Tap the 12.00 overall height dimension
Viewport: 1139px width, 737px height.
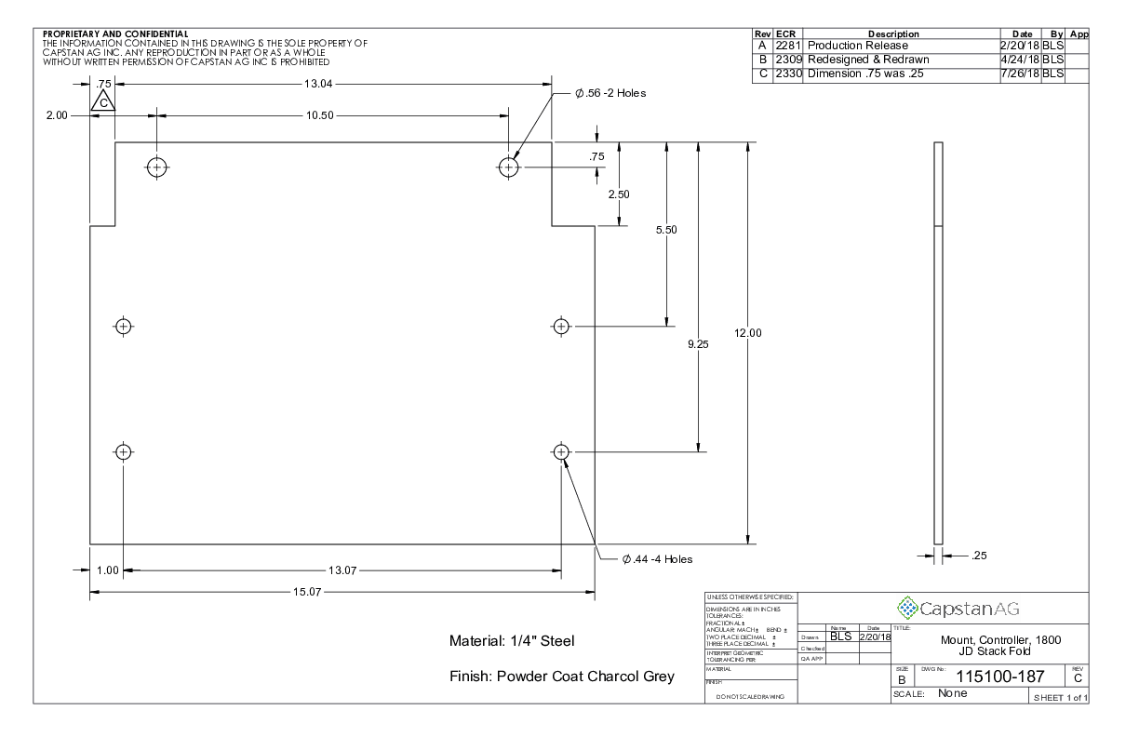748,333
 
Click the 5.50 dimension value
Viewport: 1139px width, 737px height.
666,229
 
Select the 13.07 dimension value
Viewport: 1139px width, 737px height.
342,569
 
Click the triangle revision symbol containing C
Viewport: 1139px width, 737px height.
103,100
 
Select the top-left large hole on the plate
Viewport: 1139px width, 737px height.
156,167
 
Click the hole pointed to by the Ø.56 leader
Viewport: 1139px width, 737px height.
509,167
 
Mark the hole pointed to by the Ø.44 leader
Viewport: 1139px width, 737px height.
560,452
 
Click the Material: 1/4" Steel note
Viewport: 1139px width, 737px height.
513,640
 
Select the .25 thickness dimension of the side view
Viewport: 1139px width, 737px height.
978,556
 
